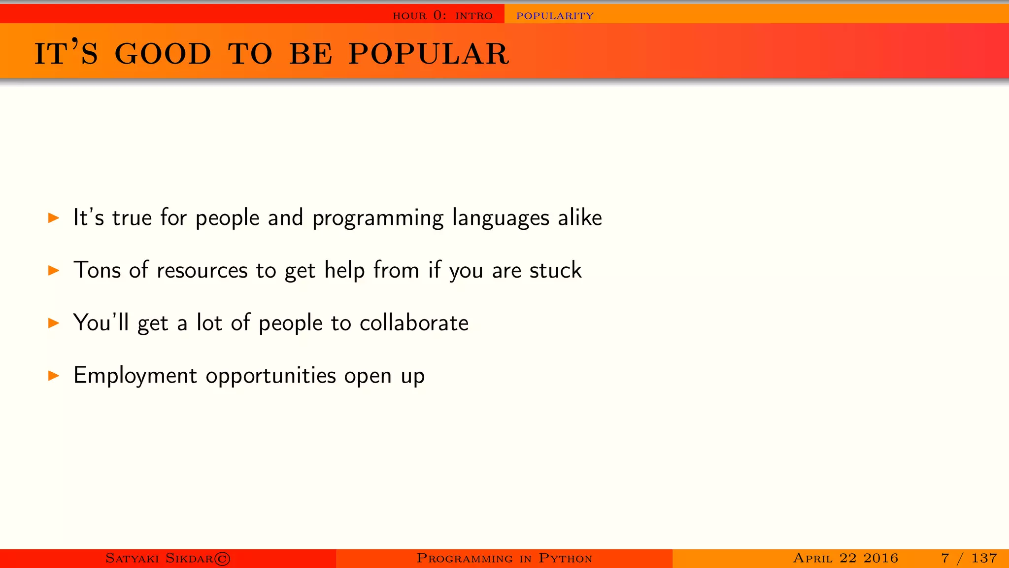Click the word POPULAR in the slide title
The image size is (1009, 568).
(x=429, y=54)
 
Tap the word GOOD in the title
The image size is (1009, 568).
(x=163, y=54)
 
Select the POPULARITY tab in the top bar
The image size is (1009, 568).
(x=555, y=16)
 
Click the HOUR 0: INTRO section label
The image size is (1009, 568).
(x=442, y=16)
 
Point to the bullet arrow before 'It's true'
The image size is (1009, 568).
(x=54, y=217)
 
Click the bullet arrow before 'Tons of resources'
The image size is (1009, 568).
(x=54, y=270)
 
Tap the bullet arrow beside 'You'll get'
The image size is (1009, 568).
(x=54, y=323)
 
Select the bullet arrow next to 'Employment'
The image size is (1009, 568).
(x=54, y=376)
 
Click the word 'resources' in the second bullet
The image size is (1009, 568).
(x=202, y=271)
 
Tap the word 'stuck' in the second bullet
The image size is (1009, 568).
(x=555, y=270)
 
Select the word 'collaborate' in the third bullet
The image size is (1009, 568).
(x=414, y=323)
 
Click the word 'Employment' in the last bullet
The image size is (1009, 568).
(x=135, y=376)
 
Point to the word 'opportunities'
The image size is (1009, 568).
(x=271, y=376)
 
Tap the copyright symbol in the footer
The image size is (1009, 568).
(x=222, y=559)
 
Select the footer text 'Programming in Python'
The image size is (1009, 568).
(x=504, y=558)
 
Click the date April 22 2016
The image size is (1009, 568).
(x=845, y=558)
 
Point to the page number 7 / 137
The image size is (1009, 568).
(x=969, y=558)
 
